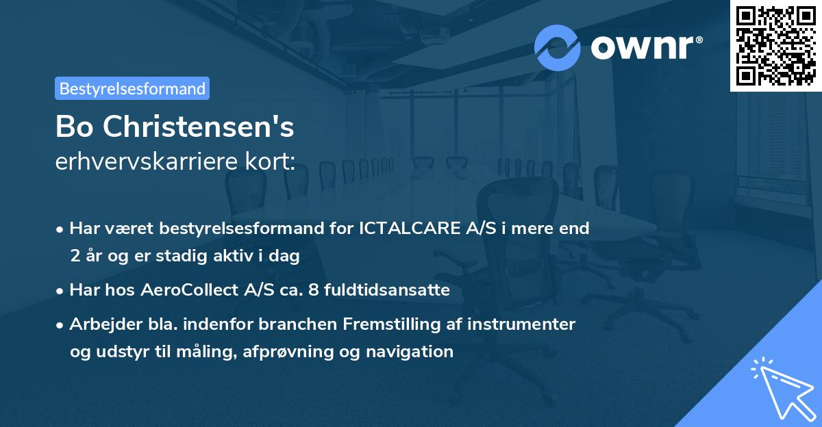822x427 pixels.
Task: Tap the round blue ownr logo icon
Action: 558,47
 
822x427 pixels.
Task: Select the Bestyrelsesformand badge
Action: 132,88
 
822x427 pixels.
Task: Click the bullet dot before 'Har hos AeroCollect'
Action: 62,291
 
